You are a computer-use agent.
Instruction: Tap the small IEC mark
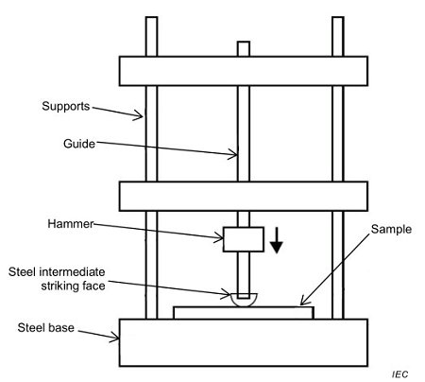(399, 373)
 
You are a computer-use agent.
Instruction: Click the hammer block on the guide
(242, 239)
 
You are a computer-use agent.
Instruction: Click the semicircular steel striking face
(242, 302)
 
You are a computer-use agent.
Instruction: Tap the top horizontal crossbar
(243, 71)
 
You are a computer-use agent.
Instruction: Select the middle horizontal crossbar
(243, 196)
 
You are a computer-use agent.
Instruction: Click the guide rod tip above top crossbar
(243, 48)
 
